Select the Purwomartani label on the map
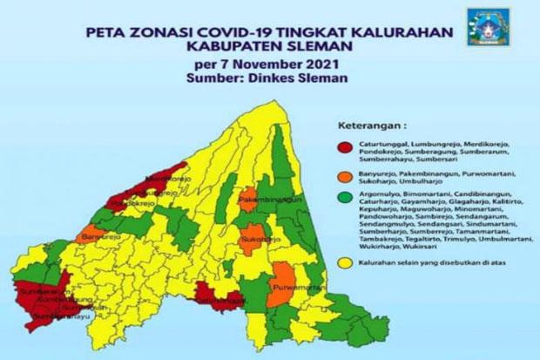tap(295, 285)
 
